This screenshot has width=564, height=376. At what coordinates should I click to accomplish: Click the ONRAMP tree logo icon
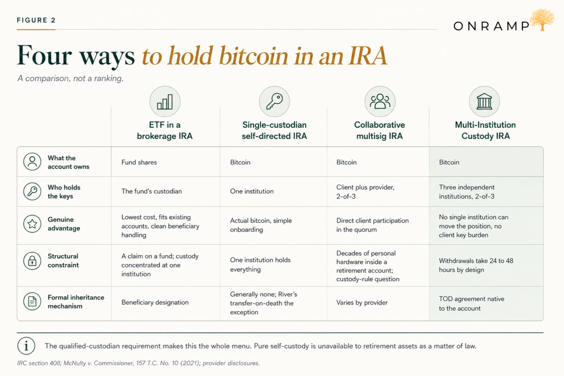[x=542, y=19]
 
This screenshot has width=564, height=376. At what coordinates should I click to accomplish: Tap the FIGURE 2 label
[x=36, y=20]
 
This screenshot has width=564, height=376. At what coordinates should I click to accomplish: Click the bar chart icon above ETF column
[x=165, y=101]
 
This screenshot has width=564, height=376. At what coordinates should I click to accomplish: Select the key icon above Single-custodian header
[x=274, y=101]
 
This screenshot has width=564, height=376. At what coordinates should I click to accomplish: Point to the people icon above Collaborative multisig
[x=380, y=101]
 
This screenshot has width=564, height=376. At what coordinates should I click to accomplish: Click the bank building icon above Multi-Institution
[x=485, y=101]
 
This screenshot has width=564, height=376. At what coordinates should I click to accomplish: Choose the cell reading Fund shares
[x=139, y=162]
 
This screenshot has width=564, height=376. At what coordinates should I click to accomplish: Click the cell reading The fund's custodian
[x=151, y=191]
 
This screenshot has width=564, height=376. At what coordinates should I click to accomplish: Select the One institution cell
[x=252, y=191]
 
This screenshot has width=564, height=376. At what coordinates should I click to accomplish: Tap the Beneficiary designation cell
[x=155, y=302]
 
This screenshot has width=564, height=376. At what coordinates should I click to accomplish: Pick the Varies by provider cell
[x=362, y=302]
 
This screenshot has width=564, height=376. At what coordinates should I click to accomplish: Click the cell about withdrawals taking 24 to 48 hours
[x=476, y=265]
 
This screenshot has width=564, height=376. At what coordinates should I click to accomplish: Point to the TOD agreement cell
[x=471, y=304]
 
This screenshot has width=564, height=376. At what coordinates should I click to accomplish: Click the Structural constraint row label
[x=63, y=261]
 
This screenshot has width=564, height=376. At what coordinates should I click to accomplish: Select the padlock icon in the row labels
[x=32, y=261]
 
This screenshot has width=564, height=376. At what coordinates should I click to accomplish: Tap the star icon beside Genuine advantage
[x=32, y=223]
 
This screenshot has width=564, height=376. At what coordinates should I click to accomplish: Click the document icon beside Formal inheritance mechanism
[x=32, y=301]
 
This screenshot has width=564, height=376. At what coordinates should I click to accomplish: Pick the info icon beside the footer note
[x=26, y=346]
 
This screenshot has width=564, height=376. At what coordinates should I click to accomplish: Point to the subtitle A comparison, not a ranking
[x=70, y=78]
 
